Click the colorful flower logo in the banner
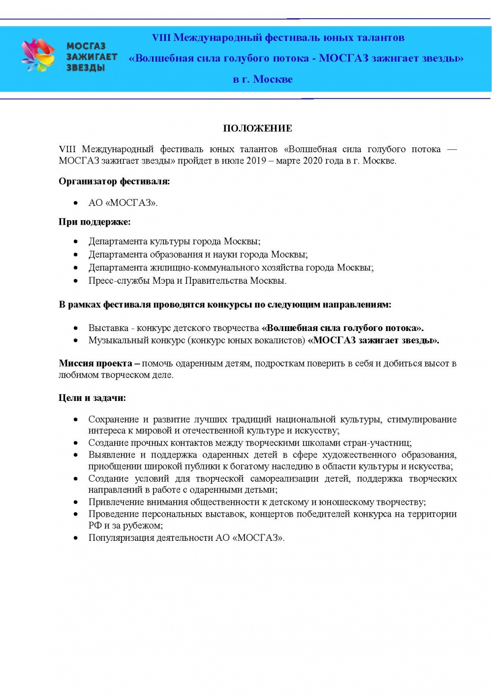(38, 56)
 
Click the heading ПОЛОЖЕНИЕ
(257, 129)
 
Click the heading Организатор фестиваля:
(114, 181)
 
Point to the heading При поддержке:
(94, 222)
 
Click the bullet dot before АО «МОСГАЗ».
(76, 203)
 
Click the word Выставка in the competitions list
(108, 328)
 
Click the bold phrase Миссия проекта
(95, 364)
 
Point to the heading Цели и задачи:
(92, 398)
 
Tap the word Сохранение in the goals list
(114, 420)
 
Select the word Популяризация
(121, 538)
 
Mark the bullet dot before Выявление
(76, 455)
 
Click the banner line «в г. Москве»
(263, 79)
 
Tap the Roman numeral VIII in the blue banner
(161, 38)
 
